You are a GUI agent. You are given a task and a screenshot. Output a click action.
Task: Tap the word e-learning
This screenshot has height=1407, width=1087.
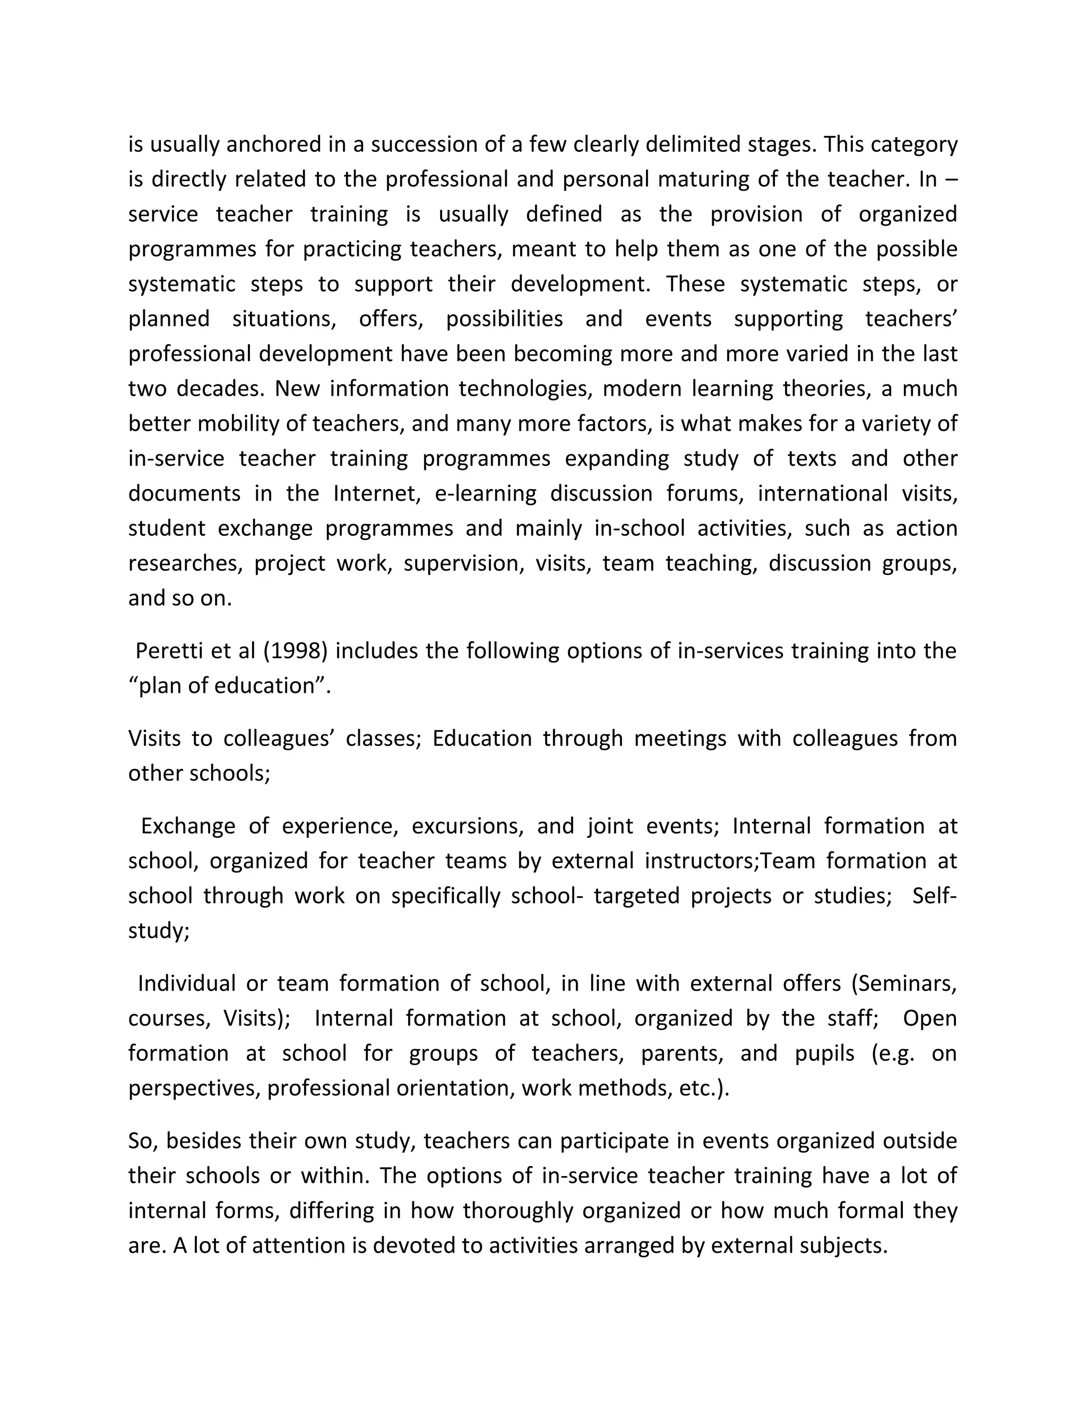pyautogui.click(x=486, y=493)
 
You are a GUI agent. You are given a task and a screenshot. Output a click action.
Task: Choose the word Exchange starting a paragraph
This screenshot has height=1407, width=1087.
pyautogui.click(x=188, y=826)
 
